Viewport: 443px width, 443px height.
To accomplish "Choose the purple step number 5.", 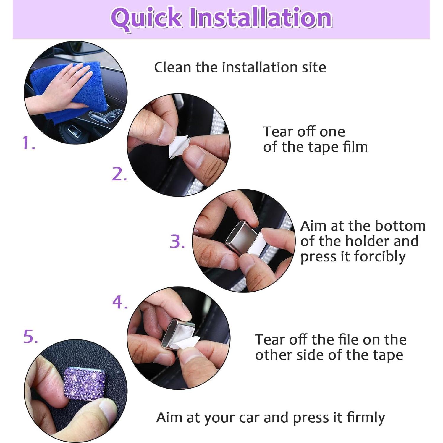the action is tap(31, 337).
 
